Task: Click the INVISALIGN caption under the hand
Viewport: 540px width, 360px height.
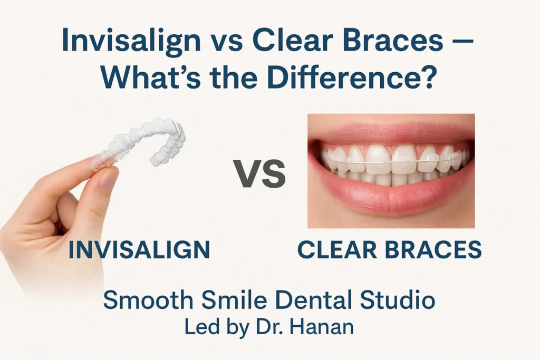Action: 139,249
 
